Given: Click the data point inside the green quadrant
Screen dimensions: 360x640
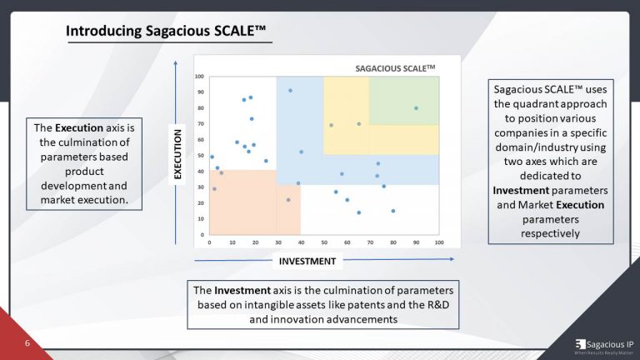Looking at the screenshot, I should coord(416,107).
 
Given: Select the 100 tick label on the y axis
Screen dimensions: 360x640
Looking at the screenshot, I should coord(200,77).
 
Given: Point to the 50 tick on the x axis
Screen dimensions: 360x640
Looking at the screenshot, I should coord(324,242).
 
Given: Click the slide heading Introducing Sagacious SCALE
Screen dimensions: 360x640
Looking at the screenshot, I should coord(166,32).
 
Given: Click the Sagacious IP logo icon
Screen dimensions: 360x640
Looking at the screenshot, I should coord(580,343).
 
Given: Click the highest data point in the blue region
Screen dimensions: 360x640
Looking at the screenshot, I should coord(290,90).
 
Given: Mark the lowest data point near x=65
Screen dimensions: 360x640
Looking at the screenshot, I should coord(359,212).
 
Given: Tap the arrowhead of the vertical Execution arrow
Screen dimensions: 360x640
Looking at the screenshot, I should coord(177,62).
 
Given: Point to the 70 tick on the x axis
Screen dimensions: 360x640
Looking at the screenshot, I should coord(370,242).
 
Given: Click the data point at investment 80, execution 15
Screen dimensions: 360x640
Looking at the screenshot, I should coord(393,211).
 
